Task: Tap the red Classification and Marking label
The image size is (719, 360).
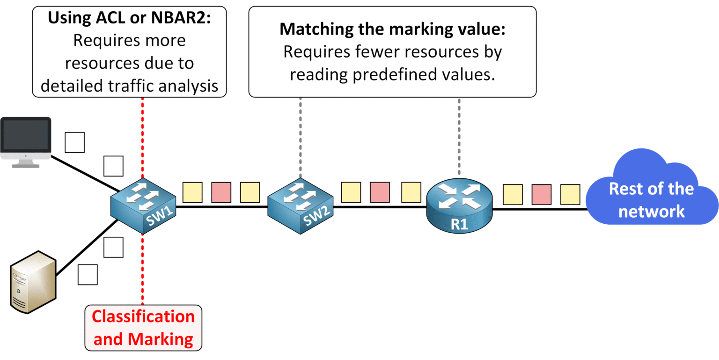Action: [x=143, y=328]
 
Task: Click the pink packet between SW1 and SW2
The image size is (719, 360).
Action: [x=221, y=192]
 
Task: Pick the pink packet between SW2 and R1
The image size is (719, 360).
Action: [x=380, y=192]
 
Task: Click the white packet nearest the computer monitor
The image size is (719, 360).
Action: [x=74, y=142]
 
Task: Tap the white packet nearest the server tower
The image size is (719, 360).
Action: [x=88, y=275]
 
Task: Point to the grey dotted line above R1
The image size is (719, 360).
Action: [x=459, y=136]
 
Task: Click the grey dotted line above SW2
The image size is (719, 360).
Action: [x=300, y=136]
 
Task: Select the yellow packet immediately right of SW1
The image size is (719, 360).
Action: [x=192, y=192]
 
